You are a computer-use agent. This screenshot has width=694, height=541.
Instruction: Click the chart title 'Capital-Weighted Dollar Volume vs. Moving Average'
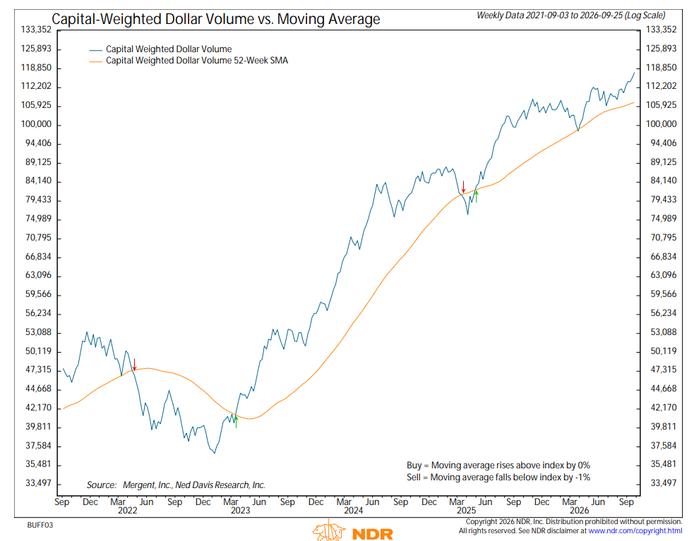pyautogui.click(x=216, y=19)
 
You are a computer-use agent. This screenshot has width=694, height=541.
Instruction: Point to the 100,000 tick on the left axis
pyautogui.click(x=36, y=124)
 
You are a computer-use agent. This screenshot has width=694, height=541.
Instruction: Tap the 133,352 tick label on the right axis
pyautogui.click(x=662, y=30)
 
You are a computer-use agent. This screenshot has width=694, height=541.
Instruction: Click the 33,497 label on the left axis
pyautogui.click(x=39, y=483)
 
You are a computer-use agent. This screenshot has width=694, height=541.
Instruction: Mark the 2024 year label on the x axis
pyautogui.click(x=353, y=511)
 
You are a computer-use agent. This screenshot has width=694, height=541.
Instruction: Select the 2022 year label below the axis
pyautogui.click(x=128, y=511)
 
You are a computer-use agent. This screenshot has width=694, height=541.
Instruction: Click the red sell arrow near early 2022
pyautogui.click(x=135, y=365)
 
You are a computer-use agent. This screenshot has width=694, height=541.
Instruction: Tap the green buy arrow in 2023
pyautogui.click(x=236, y=422)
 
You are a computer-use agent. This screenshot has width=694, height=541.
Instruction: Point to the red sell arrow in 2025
pyautogui.click(x=463, y=187)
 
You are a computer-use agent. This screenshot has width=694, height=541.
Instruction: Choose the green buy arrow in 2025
pyautogui.click(x=477, y=196)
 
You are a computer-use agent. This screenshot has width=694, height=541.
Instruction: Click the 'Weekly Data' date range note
pyautogui.click(x=571, y=16)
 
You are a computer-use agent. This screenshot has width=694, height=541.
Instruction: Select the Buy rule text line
pyautogui.click(x=498, y=466)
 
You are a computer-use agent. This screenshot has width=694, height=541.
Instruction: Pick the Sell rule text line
pyautogui.click(x=498, y=478)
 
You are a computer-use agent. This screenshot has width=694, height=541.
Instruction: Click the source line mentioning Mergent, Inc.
pyautogui.click(x=176, y=485)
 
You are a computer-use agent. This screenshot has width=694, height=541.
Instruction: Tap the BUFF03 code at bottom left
pyautogui.click(x=40, y=525)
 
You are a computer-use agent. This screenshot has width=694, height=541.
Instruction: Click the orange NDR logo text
pyautogui.click(x=373, y=534)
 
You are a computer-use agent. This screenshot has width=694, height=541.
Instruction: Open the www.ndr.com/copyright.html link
pyautogui.click(x=635, y=531)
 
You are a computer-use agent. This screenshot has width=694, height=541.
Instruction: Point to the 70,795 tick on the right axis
pyautogui.click(x=664, y=238)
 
